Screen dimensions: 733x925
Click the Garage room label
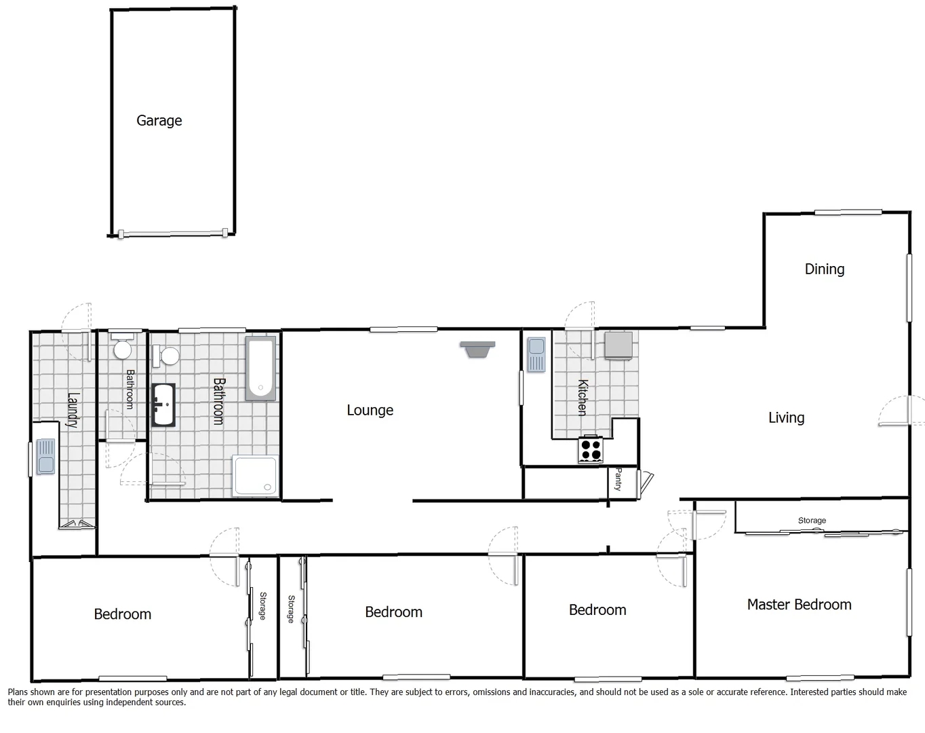click(x=159, y=121)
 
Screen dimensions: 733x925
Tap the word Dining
click(x=825, y=269)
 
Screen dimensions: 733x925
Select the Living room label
click(x=786, y=418)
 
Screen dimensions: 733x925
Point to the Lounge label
click(x=370, y=411)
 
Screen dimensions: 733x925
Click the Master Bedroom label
click(x=799, y=605)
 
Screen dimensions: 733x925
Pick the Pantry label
click(x=618, y=479)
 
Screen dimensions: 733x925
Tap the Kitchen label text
click(x=582, y=398)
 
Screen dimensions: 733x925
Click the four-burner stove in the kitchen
click(x=591, y=450)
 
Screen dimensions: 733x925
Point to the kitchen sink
click(x=536, y=355)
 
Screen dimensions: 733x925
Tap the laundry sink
click(x=45, y=457)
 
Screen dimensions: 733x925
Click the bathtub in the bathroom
click(x=260, y=369)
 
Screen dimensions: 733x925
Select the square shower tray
click(x=255, y=476)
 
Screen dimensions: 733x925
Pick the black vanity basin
click(x=163, y=406)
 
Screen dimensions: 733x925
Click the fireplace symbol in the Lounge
click(x=477, y=349)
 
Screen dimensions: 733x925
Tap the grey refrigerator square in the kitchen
click(x=618, y=344)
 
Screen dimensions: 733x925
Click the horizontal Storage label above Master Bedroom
click(x=812, y=521)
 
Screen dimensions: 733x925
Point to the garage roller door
click(x=172, y=234)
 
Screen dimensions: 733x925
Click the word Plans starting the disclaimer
click(x=19, y=692)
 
